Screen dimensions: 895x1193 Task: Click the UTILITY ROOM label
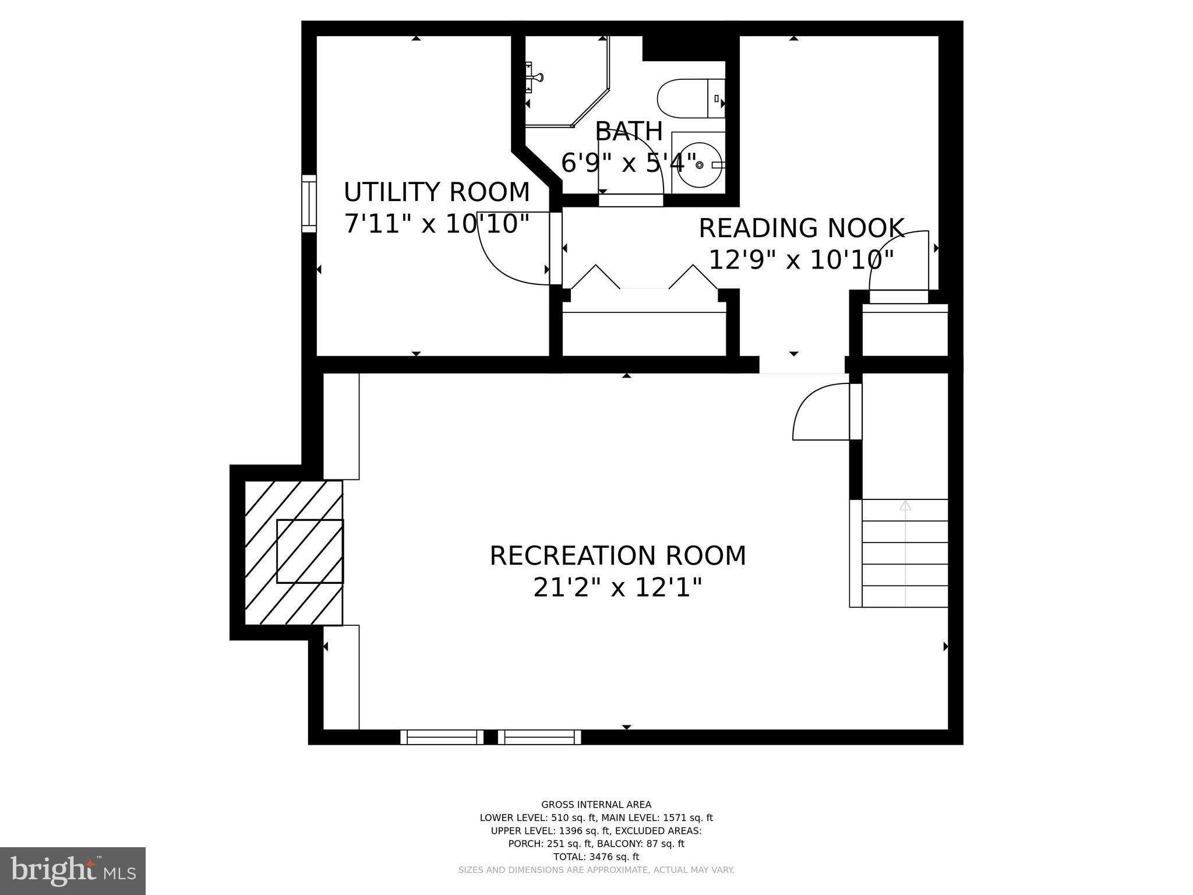coord(436,192)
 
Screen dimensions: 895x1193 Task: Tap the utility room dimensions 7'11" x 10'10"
coord(436,224)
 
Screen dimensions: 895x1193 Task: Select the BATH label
coord(629,132)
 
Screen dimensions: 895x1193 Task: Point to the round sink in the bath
coord(700,165)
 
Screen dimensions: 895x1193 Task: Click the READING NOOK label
coord(801,228)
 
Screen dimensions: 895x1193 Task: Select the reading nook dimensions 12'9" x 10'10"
coord(801,260)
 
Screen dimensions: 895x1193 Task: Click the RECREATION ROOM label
coord(617,556)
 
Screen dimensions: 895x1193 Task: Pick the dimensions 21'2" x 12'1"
coord(617,587)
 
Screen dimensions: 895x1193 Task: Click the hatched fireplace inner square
coord(309,551)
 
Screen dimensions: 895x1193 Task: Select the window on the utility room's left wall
coord(309,203)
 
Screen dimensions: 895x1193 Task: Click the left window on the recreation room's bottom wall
coord(442,737)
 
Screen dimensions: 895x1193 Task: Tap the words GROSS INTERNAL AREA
coord(596,805)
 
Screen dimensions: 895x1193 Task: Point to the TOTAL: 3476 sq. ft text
coord(596,857)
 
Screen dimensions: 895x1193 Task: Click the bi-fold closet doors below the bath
coord(644,278)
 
